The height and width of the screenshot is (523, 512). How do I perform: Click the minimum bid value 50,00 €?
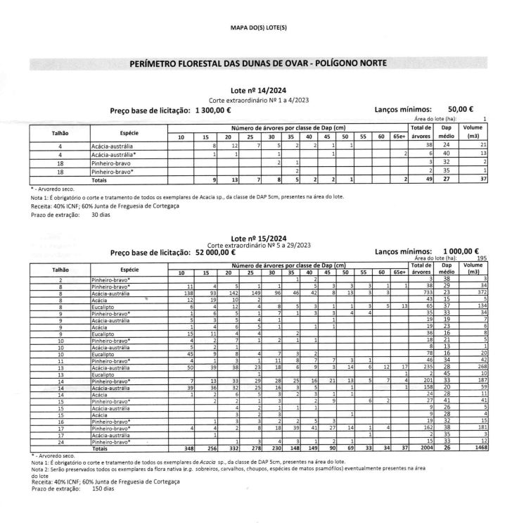[x=461, y=110]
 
